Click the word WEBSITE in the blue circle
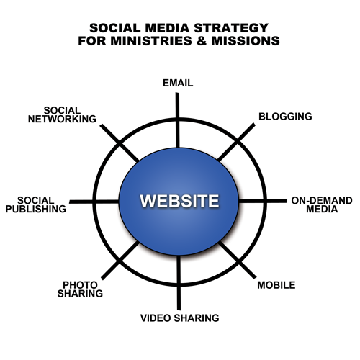[179, 201]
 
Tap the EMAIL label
[178, 83]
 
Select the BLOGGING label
[285, 117]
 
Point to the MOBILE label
[276, 285]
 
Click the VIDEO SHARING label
[180, 318]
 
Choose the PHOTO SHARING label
[80, 289]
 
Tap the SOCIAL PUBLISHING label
[36, 204]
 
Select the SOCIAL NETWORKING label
[62, 114]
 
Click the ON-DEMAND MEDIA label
[322, 204]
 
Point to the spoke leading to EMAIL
[177, 120]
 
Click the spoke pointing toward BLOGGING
[236, 143]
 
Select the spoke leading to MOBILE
[237, 260]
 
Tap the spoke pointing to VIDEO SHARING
[179, 283]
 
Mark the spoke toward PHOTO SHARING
[120, 261]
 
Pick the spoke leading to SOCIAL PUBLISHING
[94, 202]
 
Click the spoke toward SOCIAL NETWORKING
[120, 143]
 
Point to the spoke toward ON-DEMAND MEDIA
[263, 201]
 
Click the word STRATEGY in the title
[231, 28]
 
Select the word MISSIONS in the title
[246, 41]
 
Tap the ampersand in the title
[202, 41]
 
